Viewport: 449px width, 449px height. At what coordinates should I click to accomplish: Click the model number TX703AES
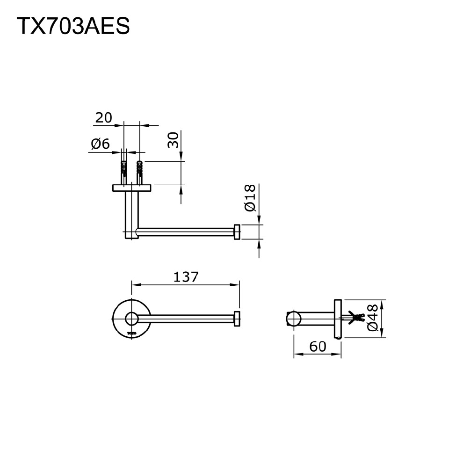tap(73, 27)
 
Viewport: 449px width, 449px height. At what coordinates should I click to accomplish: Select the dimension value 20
tap(103, 117)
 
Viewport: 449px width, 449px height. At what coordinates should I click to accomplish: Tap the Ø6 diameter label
tap(100, 144)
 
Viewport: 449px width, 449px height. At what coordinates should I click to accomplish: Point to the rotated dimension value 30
tap(173, 140)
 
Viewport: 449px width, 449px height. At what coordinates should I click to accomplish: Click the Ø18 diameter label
tap(251, 198)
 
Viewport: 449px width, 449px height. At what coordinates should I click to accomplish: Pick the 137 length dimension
tap(186, 277)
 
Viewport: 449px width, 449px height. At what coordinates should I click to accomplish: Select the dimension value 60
tap(318, 347)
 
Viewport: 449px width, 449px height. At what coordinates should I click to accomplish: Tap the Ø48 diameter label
tap(373, 318)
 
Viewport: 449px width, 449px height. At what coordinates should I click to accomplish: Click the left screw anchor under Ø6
tap(124, 169)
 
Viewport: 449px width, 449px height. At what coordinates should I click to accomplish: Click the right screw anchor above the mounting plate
tap(139, 169)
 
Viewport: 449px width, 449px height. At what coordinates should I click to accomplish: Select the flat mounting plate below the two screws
tap(131, 188)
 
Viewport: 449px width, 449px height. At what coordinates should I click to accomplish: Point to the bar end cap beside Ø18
tap(237, 232)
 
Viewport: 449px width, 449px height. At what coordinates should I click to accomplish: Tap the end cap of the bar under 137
tap(237, 319)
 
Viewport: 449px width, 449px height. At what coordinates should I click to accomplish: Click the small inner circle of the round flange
tap(131, 319)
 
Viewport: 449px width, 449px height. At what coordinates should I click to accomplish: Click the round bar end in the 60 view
tap(293, 319)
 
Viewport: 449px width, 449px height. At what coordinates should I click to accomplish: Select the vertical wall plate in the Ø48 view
tap(338, 318)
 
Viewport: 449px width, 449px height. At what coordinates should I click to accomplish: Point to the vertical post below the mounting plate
tap(131, 213)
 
